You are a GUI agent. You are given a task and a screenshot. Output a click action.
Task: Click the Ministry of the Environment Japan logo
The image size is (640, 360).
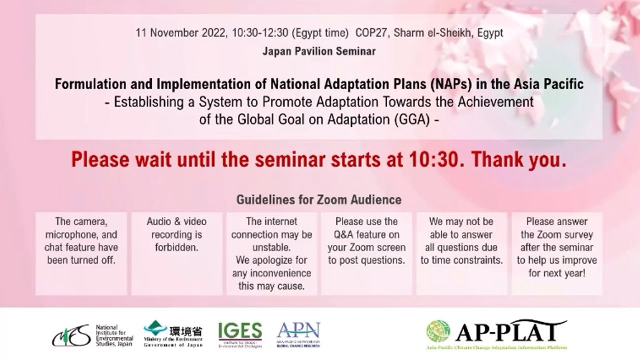pos(173,334)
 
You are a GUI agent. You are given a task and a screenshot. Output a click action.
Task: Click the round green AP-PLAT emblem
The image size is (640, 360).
pos(438,331)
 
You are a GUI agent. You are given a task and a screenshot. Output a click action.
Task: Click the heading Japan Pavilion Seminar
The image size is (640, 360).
pos(319,51)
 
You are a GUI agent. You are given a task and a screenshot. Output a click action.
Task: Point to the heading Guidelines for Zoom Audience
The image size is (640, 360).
pos(319,200)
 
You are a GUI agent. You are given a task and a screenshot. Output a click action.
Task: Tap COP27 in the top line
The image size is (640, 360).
pos(372,33)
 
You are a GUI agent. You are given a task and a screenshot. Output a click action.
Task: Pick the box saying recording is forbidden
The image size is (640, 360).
pos(177,253)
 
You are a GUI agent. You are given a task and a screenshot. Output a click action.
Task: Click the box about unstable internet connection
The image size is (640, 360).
pos(271,253)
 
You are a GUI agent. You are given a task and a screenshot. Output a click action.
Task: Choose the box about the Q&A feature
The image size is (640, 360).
pos(366,253)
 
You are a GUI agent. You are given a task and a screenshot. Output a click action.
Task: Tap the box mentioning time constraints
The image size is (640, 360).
pos(461,253)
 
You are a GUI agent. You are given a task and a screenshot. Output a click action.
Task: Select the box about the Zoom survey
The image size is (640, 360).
pos(557,253)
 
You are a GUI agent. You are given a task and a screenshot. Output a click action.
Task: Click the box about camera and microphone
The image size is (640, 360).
pos(81,253)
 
